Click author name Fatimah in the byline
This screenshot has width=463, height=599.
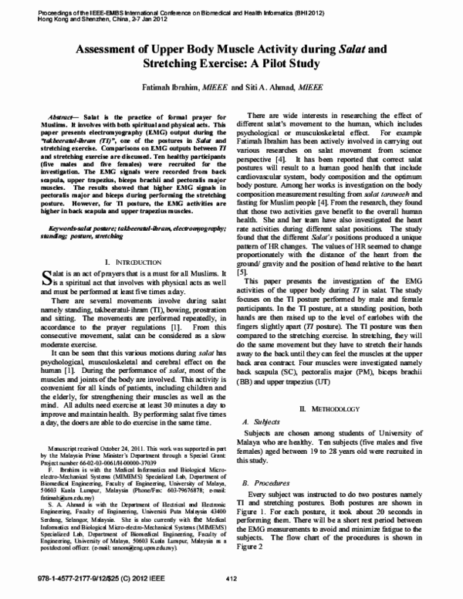tap(159, 90)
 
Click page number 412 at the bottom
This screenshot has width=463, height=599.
tap(230, 579)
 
